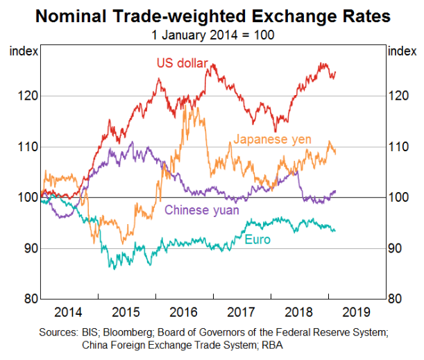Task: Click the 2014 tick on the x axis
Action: (x=71, y=311)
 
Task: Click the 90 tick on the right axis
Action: (x=398, y=248)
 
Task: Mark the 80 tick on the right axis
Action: (x=398, y=299)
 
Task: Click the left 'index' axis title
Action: (x=22, y=50)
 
